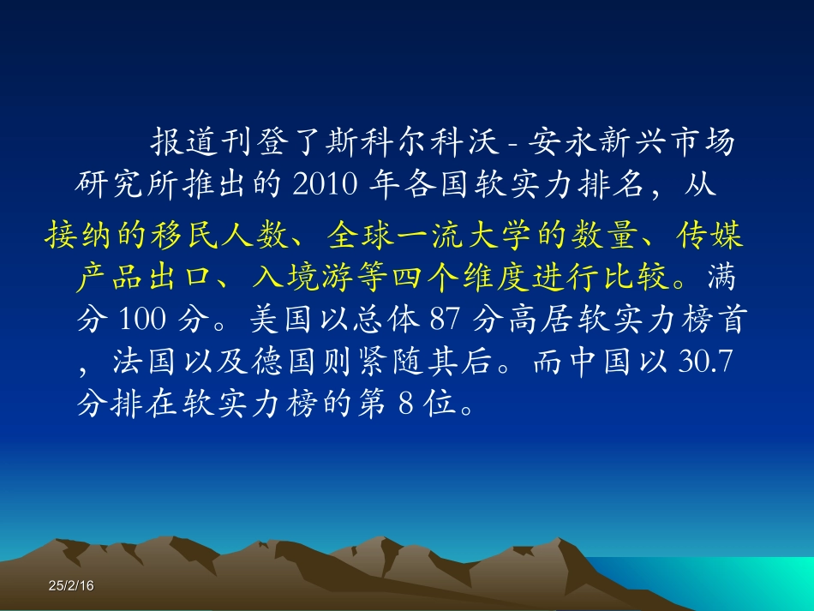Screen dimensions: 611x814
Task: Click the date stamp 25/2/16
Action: click(x=71, y=585)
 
